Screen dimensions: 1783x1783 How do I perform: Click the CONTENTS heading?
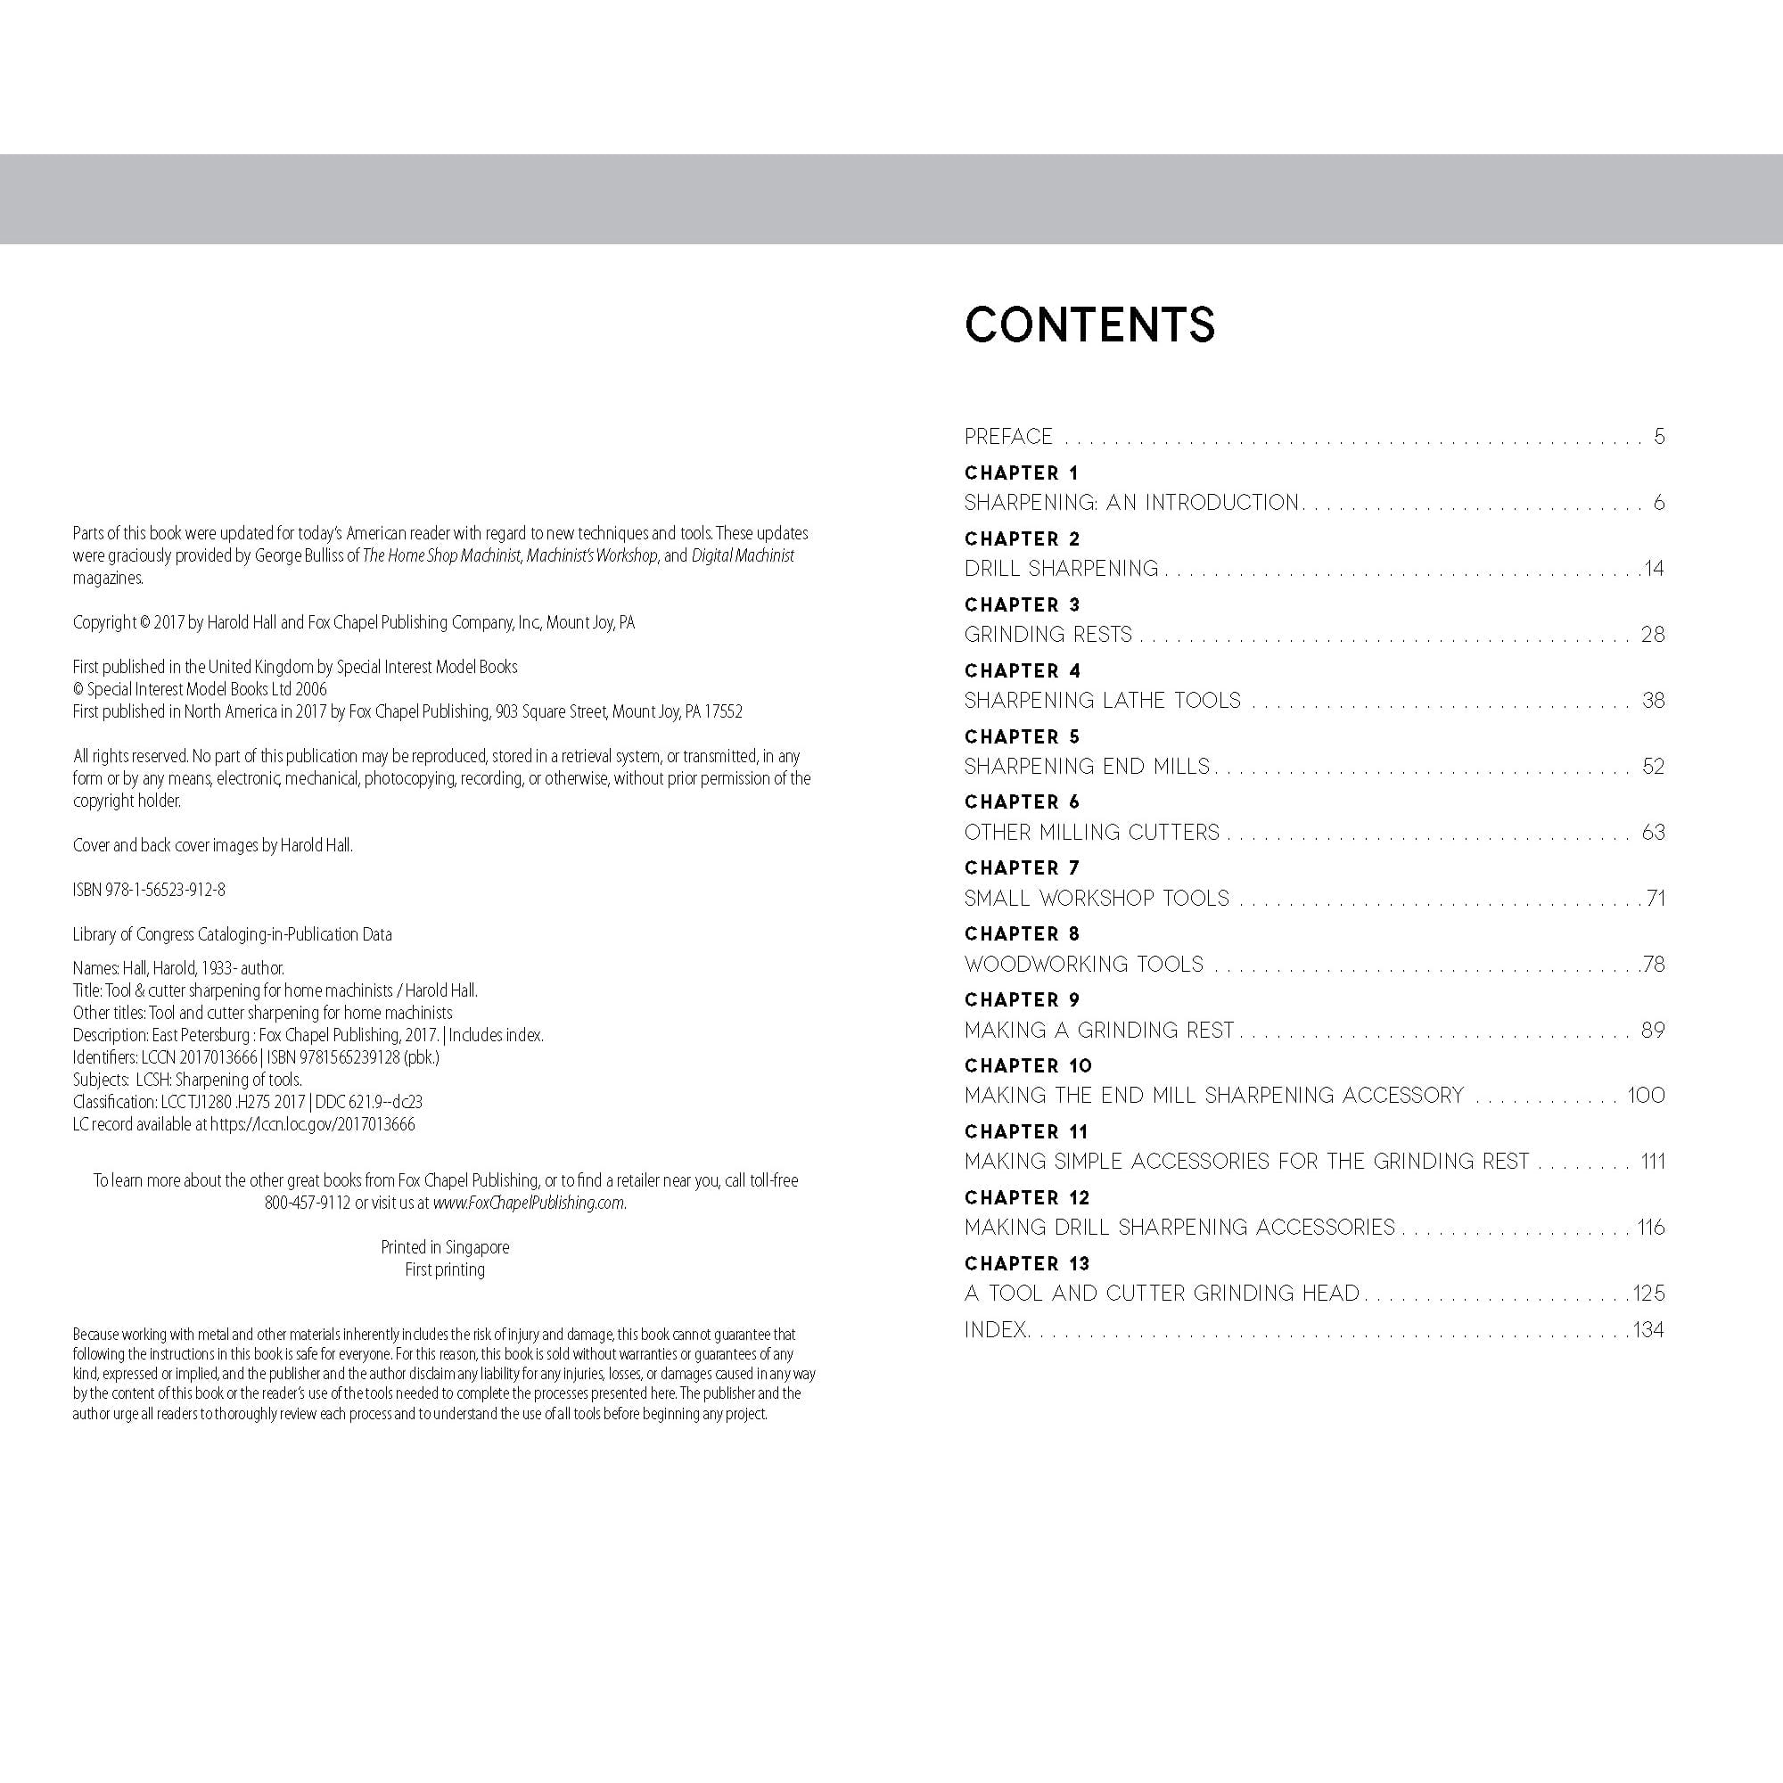1089,325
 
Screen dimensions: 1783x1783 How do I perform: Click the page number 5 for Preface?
1658,437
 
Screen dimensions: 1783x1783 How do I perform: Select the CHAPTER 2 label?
1022,539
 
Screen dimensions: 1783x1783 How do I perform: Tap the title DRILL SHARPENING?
1061,569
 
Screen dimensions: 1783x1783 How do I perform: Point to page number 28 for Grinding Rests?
1652,635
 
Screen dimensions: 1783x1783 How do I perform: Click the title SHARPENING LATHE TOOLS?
1102,701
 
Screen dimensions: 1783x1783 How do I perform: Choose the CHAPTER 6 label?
1022,802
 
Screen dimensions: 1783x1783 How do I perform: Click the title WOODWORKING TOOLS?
1083,965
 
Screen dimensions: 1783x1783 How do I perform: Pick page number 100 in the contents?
1646,1096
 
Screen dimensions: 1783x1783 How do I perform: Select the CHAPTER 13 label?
1026,1263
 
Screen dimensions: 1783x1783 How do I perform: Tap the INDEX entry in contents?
995,1330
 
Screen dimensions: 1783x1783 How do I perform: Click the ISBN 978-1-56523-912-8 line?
149,890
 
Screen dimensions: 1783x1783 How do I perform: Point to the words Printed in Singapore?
445,1247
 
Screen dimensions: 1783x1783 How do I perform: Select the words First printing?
445,1269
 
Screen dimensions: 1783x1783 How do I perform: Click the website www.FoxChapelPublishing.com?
529,1204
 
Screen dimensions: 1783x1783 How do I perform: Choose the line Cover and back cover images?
212,845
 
